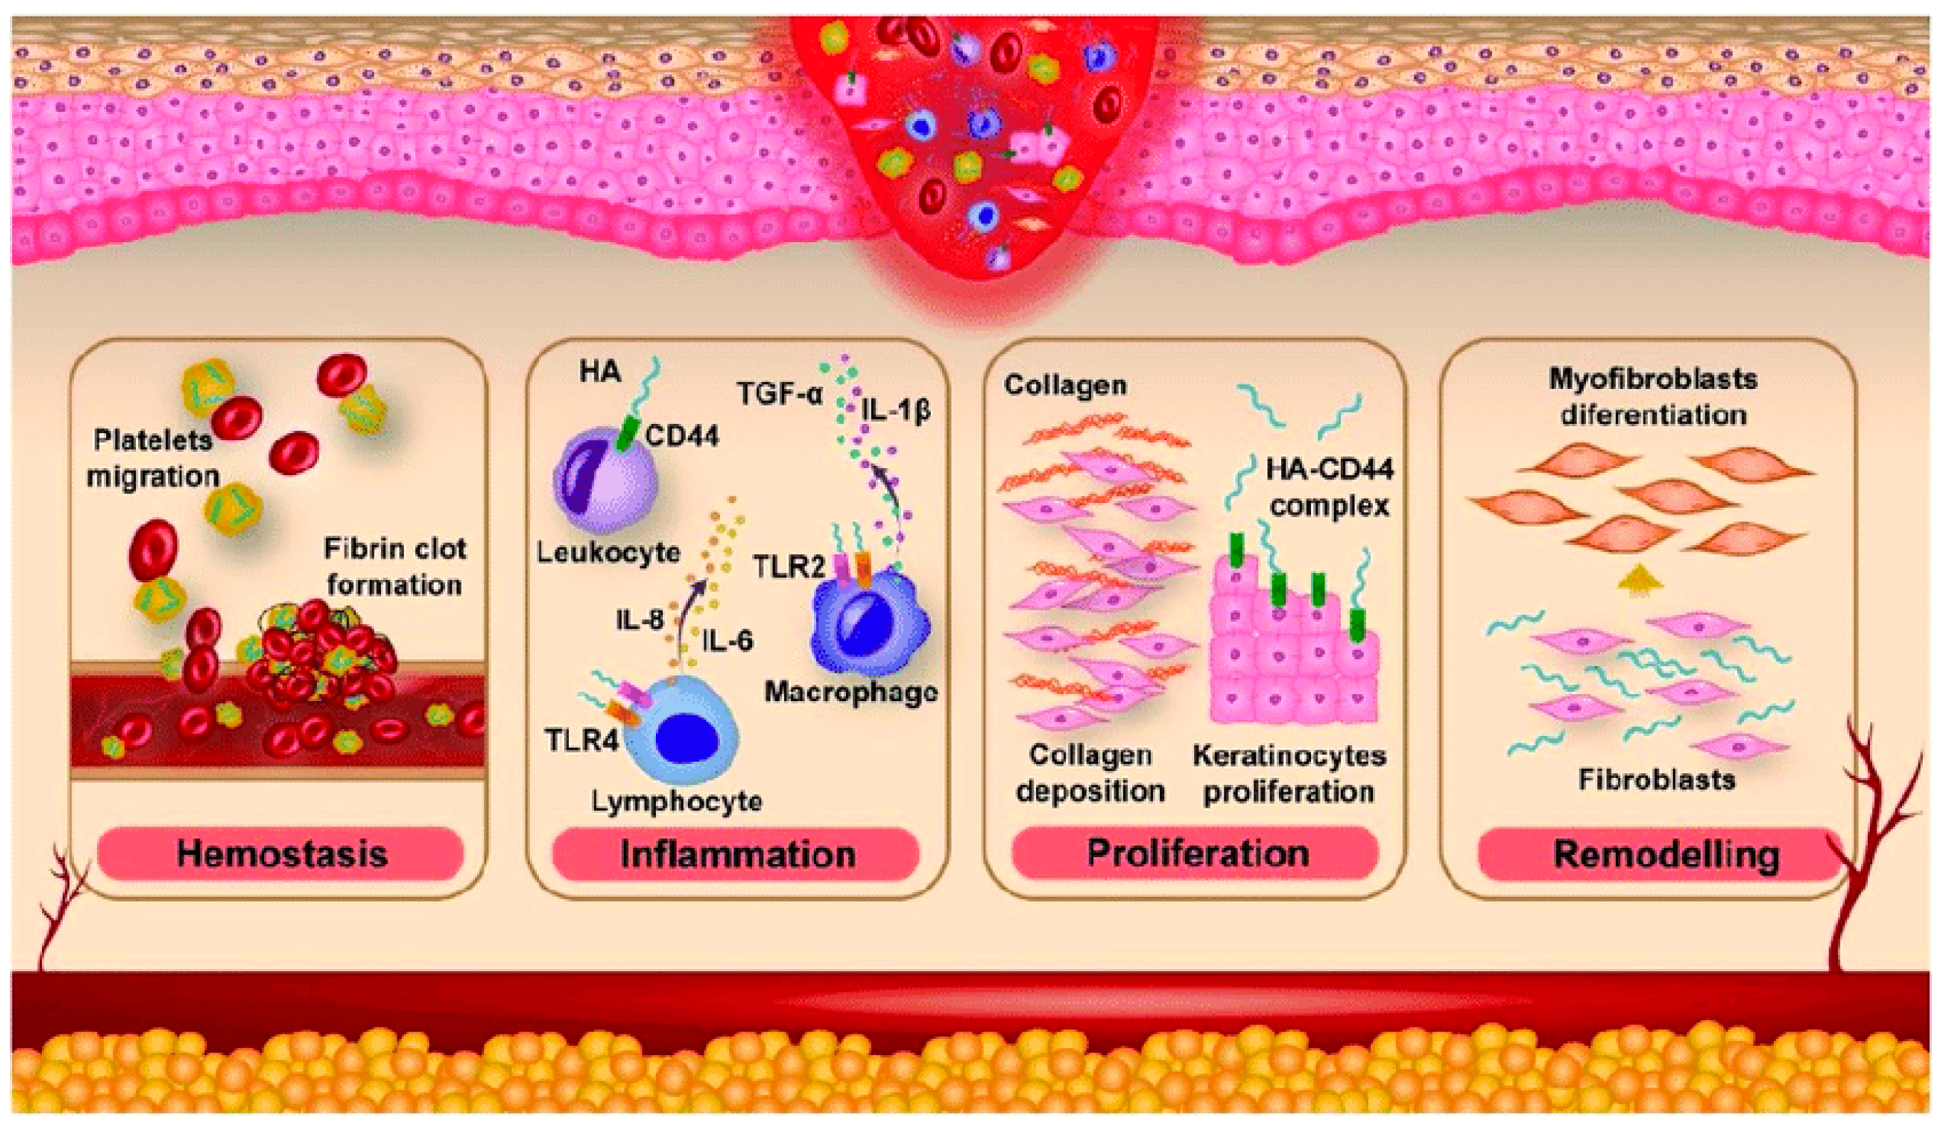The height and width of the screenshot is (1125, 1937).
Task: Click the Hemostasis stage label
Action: [281, 854]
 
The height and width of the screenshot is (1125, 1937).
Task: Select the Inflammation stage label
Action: [737, 854]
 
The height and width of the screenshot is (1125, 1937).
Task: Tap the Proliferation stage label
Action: [1197, 853]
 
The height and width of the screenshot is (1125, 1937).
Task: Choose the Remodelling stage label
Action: [1666, 854]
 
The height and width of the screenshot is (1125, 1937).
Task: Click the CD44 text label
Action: [682, 436]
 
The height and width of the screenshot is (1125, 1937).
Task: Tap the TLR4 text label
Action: [581, 740]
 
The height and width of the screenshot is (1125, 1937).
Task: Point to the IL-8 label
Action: [639, 619]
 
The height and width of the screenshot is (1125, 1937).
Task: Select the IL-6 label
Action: [727, 641]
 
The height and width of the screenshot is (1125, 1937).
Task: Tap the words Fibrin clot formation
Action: [395, 566]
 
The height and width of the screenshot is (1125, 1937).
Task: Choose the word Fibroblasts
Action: [1656, 779]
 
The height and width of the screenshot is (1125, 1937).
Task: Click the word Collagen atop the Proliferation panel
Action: [1065, 385]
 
